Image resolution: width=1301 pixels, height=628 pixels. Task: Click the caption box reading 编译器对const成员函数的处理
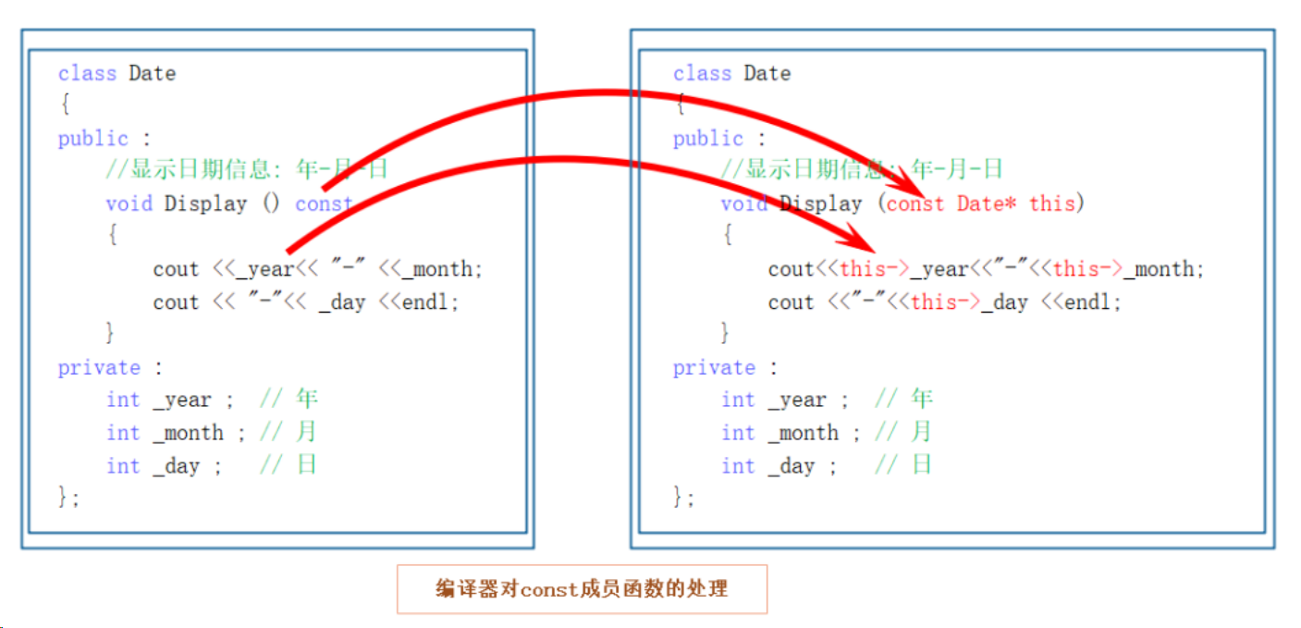(x=582, y=588)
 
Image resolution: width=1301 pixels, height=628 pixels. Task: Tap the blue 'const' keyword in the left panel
(x=323, y=203)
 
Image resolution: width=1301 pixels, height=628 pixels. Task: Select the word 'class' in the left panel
(x=87, y=73)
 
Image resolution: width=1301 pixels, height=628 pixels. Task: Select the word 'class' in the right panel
(x=702, y=73)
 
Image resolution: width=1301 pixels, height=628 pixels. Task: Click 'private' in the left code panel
(x=99, y=367)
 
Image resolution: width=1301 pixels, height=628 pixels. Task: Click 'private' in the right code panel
(x=714, y=367)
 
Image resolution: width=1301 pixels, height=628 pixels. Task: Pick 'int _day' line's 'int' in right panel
(x=738, y=466)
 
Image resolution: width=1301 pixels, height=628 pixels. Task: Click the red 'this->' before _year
(x=874, y=269)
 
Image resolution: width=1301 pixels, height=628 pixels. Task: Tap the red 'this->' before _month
(x=1087, y=269)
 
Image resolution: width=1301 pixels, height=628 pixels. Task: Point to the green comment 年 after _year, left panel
(x=307, y=399)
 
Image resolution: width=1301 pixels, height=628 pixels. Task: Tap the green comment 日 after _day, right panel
(x=922, y=465)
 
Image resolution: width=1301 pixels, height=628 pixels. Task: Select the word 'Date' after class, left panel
(x=153, y=73)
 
